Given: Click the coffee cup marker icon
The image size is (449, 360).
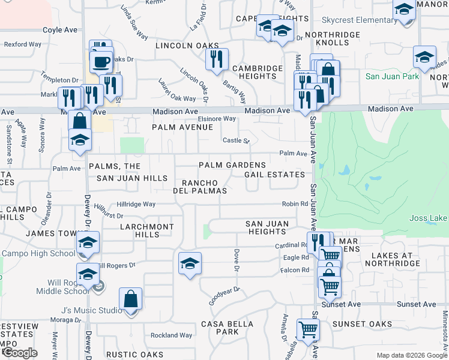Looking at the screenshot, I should (101, 61).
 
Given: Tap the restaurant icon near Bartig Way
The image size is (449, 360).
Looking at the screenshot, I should (216, 59).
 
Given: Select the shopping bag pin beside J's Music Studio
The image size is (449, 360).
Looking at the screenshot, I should (130, 299).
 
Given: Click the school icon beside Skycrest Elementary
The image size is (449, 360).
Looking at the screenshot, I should (404, 10).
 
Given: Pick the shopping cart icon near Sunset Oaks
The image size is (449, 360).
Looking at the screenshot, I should (307, 329).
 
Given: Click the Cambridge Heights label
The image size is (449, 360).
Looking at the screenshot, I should (258, 72).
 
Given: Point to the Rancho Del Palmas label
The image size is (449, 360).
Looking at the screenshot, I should (204, 187).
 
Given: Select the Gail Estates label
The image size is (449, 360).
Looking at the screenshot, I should (274, 175).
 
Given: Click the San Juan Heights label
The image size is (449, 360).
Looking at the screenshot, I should (267, 227).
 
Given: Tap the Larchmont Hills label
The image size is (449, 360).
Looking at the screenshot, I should (146, 231).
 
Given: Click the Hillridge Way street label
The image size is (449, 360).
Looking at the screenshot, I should (136, 205).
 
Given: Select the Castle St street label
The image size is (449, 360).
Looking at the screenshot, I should (236, 140).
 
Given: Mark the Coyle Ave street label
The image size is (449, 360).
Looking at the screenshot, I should (60, 29).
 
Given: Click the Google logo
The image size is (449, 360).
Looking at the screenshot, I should (20, 353).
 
